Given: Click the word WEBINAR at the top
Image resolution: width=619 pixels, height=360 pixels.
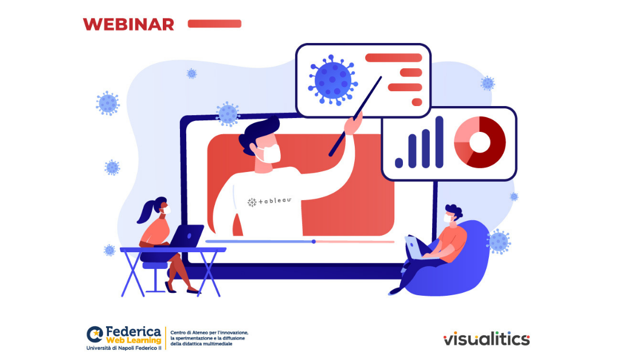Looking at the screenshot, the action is [x=128, y=25].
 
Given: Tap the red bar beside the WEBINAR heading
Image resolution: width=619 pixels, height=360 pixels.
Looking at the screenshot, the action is [x=214, y=24].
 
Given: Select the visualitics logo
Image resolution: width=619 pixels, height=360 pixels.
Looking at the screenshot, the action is [x=487, y=339].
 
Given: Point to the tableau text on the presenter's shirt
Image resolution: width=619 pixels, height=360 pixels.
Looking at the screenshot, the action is [x=269, y=201].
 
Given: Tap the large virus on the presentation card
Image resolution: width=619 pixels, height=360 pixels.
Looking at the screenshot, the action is [x=333, y=80].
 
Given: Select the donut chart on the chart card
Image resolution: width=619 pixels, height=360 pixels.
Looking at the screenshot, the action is [x=480, y=142].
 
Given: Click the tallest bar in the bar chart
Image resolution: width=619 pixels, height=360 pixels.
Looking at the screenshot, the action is [x=439, y=142].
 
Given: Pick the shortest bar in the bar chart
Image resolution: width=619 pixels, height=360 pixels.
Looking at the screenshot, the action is [x=399, y=163].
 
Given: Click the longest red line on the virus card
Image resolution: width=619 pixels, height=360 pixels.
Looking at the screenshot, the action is [x=394, y=58].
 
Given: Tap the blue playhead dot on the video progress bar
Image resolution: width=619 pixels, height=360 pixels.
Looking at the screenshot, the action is [x=314, y=241].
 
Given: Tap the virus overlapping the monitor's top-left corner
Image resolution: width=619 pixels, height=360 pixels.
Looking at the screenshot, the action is [x=228, y=114].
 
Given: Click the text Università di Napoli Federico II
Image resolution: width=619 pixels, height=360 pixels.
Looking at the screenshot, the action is [x=124, y=348].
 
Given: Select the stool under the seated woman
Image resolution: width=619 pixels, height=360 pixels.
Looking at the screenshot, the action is [x=155, y=276].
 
